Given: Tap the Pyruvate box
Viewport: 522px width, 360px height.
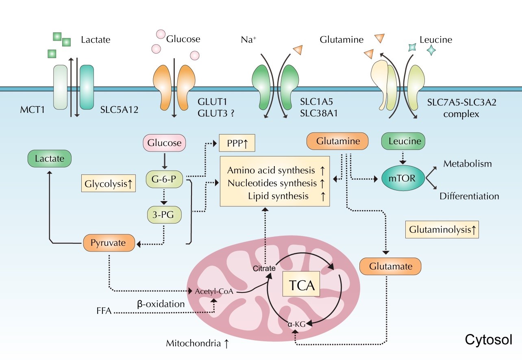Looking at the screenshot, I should click(109, 243).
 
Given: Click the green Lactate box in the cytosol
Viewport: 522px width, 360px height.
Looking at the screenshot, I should click(49, 158).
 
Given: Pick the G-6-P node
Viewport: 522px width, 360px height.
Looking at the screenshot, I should click(164, 178).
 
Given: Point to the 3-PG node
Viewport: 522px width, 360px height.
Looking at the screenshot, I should click(164, 215).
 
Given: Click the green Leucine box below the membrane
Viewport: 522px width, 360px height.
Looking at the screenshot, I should click(403, 142).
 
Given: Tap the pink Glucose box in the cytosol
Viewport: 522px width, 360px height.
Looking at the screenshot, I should click(164, 143).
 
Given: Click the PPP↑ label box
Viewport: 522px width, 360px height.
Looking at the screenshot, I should click(237, 143).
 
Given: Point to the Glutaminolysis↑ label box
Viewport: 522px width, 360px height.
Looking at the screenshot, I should click(442, 230).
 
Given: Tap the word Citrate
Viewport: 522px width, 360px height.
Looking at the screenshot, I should click(264, 268).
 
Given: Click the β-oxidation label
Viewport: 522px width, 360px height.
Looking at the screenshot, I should click(161, 304).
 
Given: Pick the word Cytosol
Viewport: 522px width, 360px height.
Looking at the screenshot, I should click(488, 340).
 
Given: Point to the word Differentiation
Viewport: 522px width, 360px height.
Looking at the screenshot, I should click(469, 196).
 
